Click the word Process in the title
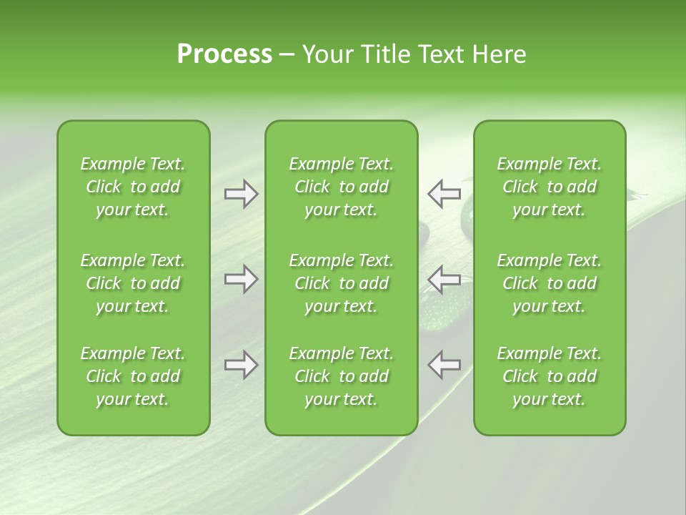[x=224, y=54]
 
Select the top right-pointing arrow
[x=242, y=194]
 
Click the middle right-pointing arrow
[x=242, y=279]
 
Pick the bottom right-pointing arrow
[x=242, y=365]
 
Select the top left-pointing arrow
[x=444, y=194]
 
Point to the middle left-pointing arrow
[x=444, y=279]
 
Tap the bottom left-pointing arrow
[x=444, y=365]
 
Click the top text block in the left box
[x=133, y=187]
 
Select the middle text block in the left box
[x=133, y=283]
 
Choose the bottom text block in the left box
[x=133, y=376]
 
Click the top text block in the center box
[x=341, y=187]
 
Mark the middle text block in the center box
[x=341, y=283]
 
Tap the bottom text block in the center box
[x=341, y=376]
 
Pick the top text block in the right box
[x=549, y=187]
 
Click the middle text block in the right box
[x=549, y=283]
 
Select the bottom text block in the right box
[x=549, y=376]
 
